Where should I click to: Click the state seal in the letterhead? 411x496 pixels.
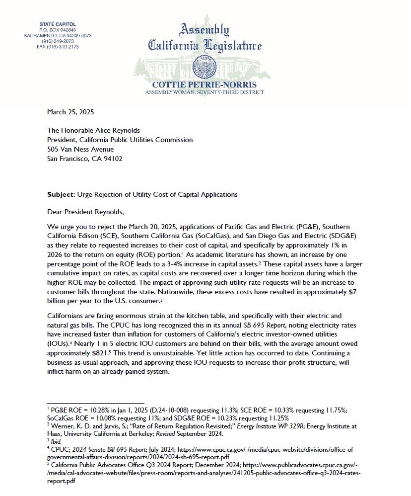pyautogui.click(x=205, y=66)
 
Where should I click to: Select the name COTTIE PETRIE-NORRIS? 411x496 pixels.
pyautogui.click(x=205, y=84)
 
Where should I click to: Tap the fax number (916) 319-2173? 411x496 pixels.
pyautogui.click(x=57, y=47)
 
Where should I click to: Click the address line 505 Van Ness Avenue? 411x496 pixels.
pyautogui.click(x=80, y=150)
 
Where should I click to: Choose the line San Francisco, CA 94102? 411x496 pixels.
pyautogui.click(x=84, y=159)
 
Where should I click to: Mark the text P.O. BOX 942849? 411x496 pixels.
pyautogui.click(x=57, y=30)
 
